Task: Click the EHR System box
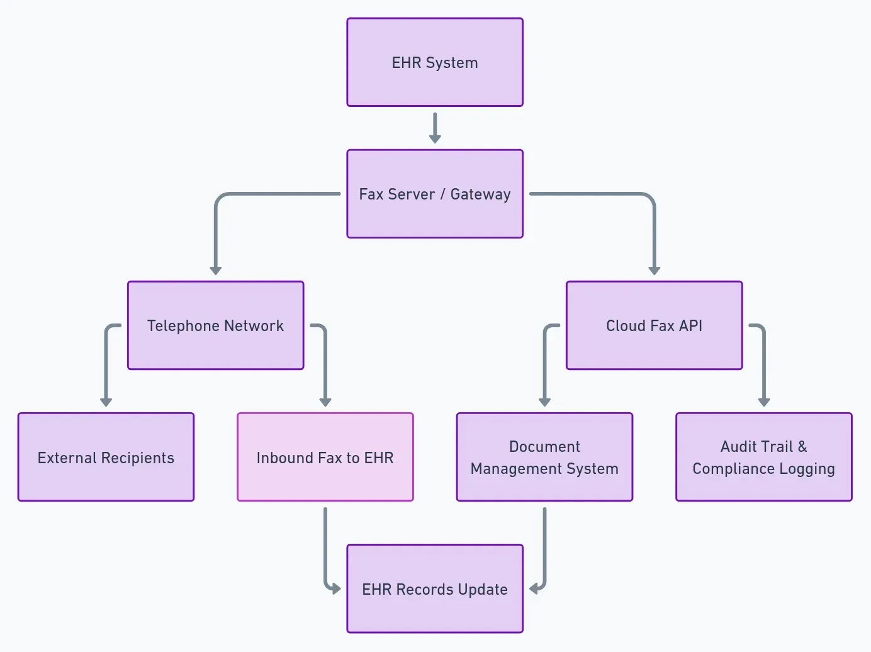435,62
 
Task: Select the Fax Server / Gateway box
435,194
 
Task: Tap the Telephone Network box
215,325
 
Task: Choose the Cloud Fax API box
654,325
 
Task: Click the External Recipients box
106,458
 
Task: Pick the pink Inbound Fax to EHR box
325,458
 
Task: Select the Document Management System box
544,458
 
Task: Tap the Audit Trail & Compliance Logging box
763,458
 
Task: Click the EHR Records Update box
435,589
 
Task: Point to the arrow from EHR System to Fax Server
435,128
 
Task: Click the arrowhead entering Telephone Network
215,270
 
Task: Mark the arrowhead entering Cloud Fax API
654,270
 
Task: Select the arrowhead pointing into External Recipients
106,402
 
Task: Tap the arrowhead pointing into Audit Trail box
763,402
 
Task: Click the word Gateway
480,194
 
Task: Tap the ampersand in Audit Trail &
802,447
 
